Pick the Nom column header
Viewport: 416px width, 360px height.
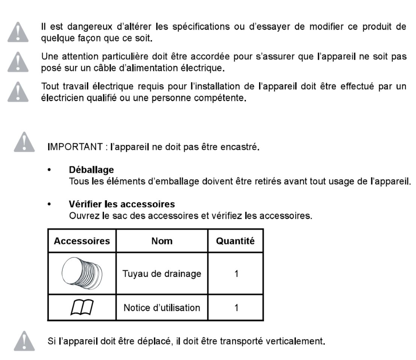162,241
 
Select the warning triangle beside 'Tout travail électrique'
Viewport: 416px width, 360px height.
24,91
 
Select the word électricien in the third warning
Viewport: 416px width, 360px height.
61,99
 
